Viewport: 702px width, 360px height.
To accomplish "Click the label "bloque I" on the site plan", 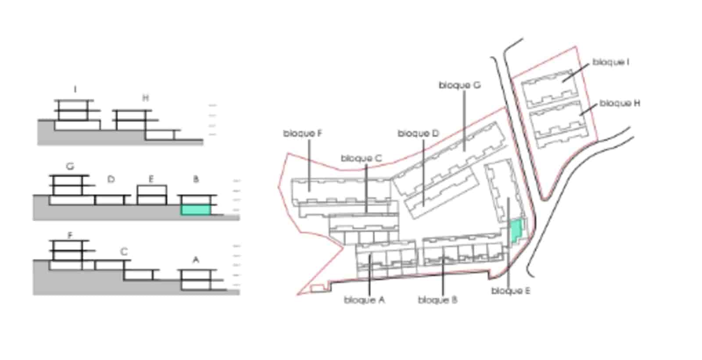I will click(611, 62).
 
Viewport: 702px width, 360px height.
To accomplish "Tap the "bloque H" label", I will click(620, 103).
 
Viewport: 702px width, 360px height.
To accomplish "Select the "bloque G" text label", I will click(459, 85).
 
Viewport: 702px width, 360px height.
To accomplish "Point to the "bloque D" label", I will click(418, 133).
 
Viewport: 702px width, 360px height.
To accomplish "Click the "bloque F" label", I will click(303, 133).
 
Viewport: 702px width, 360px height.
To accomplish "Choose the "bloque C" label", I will click(361, 158).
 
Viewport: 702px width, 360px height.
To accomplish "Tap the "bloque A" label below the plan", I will click(364, 300).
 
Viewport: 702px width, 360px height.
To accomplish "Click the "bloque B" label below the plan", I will click(437, 300).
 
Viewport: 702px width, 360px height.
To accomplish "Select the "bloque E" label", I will click(511, 291).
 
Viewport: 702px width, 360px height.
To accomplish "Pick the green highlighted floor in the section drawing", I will click(196, 210).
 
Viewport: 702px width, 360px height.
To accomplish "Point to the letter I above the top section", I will click(75, 90).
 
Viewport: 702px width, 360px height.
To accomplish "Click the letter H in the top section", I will click(146, 98).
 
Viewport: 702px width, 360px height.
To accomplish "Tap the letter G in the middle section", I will click(70, 167).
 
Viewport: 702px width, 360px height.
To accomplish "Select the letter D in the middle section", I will click(111, 179).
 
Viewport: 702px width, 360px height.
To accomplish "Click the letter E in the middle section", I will click(151, 179).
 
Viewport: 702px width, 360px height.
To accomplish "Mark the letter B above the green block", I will click(196, 179).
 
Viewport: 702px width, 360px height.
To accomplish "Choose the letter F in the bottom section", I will click(70, 235).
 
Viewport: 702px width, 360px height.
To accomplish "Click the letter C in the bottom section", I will click(124, 252).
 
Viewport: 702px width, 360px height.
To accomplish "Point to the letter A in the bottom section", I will click(196, 260).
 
